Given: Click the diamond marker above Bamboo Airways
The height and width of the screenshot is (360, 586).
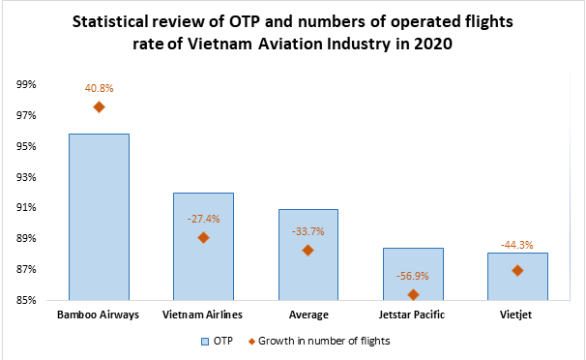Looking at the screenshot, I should pyautogui.click(x=99, y=107).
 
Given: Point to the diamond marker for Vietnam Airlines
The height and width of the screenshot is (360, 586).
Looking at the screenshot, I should pyautogui.click(x=203, y=237).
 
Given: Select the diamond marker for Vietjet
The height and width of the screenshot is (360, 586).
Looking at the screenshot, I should pyautogui.click(x=517, y=270).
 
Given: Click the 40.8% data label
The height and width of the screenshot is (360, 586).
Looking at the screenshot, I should pyautogui.click(x=99, y=88).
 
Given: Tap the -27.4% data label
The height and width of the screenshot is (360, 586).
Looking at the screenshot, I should pyautogui.click(x=203, y=219).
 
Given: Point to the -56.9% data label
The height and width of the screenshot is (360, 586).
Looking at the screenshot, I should pyautogui.click(x=413, y=276).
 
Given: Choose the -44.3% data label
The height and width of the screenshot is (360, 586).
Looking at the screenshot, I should pyautogui.click(x=517, y=245).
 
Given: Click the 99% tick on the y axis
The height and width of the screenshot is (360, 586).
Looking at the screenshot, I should pyautogui.click(x=26, y=85).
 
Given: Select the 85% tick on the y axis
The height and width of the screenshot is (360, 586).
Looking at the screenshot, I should pyautogui.click(x=26, y=300).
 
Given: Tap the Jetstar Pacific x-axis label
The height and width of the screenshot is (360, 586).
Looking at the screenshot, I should pyautogui.click(x=413, y=315).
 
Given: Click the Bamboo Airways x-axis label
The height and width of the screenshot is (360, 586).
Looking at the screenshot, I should pyautogui.click(x=99, y=315).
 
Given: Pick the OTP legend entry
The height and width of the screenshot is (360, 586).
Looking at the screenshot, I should pyautogui.click(x=215, y=340).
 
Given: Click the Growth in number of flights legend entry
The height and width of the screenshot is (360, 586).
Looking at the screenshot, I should pyautogui.click(x=320, y=340).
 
